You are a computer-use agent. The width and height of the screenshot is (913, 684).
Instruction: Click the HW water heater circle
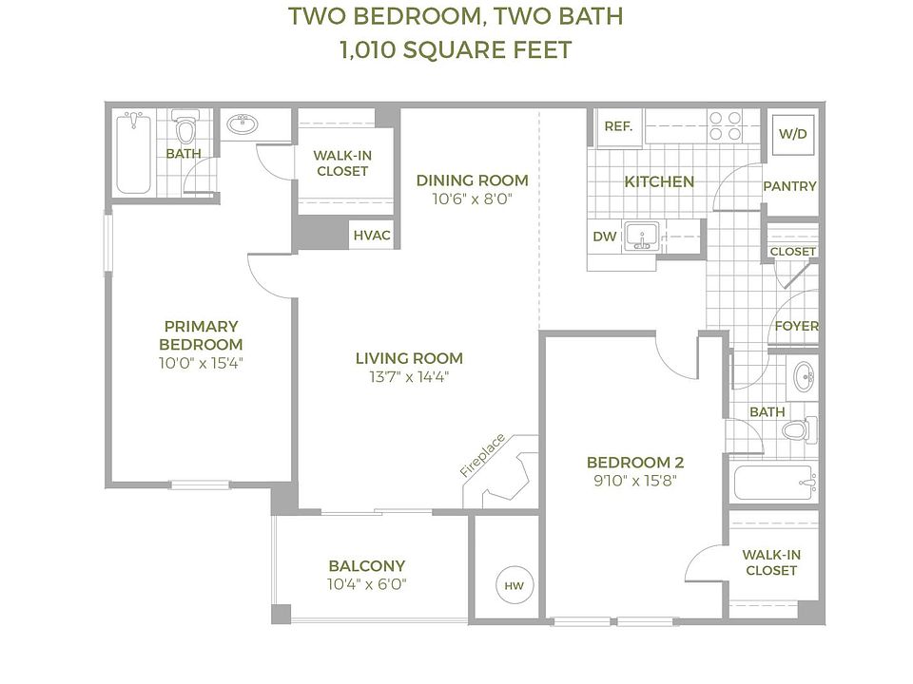515,586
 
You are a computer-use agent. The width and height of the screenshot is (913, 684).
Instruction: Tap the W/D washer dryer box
792,134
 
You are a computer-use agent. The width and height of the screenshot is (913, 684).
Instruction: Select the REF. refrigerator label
618,126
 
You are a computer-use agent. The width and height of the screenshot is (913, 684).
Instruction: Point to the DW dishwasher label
605,237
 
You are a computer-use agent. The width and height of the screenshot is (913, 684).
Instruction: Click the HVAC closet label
372,235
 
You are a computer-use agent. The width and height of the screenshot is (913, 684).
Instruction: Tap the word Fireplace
482,455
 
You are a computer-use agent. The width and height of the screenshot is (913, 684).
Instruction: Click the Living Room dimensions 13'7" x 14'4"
409,377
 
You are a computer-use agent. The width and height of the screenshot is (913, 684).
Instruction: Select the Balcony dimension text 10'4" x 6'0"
367,584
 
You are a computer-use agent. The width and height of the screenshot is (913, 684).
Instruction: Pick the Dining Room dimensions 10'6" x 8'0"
472,199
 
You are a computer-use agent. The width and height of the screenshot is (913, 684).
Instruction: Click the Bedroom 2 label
635,463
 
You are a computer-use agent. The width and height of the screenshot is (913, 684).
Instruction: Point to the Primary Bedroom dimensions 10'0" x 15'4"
201,363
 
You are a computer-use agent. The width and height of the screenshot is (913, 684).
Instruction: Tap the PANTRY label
789,186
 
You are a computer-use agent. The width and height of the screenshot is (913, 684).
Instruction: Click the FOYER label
796,326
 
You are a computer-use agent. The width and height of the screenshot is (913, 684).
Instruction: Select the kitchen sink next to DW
641,237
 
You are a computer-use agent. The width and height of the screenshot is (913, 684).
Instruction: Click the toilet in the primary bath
185,126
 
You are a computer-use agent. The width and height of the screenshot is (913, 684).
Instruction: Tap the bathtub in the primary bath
133,152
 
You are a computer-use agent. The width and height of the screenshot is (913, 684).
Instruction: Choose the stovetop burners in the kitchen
725,126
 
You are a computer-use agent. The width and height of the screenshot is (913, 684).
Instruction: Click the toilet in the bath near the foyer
799,430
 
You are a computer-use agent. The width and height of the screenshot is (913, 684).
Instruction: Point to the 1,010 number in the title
368,50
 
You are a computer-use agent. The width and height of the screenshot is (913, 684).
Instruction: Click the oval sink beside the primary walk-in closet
243,123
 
